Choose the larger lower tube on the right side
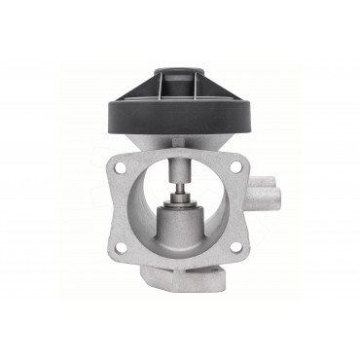click(x=272, y=210)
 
